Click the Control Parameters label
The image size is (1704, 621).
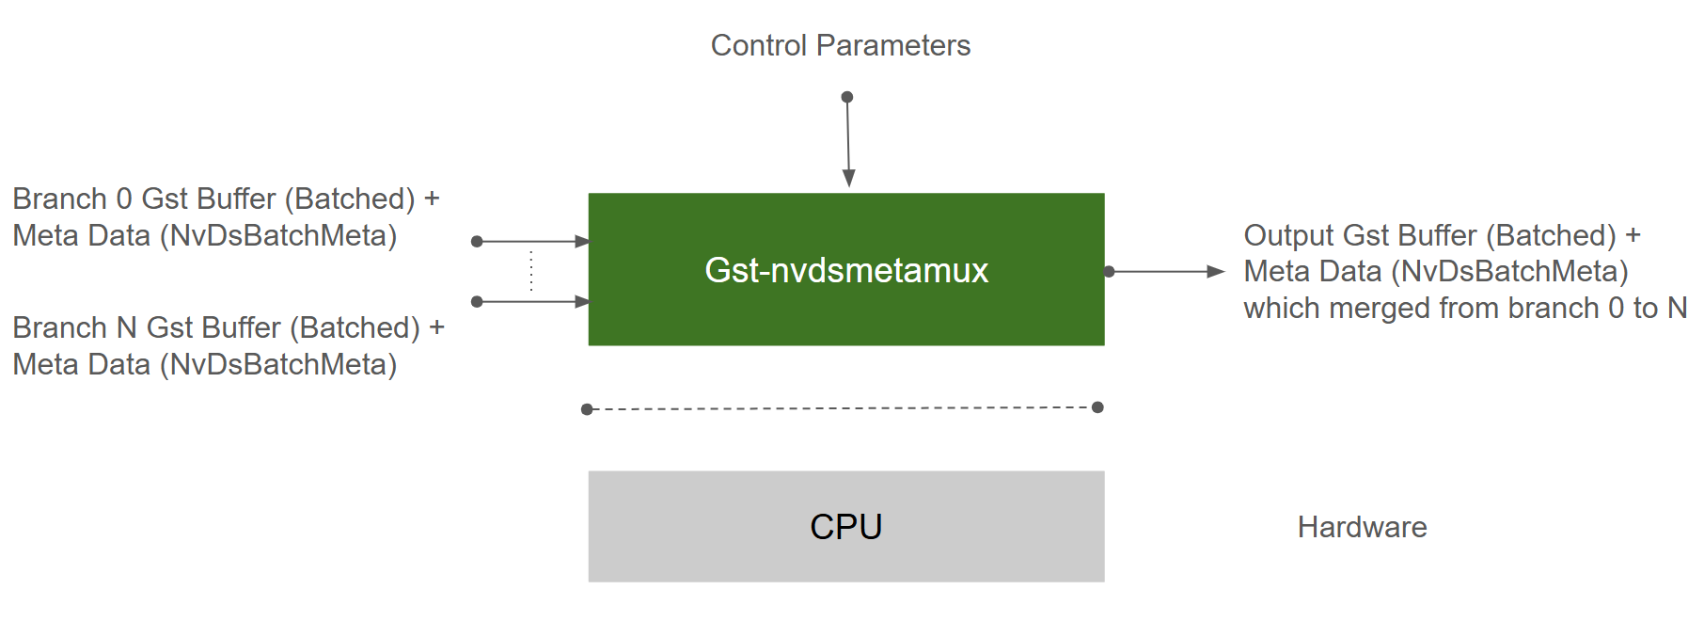(840, 45)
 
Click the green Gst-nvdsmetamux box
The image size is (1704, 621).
(845, 270)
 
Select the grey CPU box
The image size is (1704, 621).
(845, 526)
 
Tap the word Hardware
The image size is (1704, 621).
(1362, 527)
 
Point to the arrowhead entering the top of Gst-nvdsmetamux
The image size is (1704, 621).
(848, 178)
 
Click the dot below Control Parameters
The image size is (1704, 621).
(846, 97)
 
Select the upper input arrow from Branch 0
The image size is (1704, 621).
(531, 242)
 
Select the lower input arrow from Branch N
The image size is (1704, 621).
(531, 302)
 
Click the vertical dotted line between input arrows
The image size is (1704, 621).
(531, 271)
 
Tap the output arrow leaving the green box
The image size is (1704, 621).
(1166, 271)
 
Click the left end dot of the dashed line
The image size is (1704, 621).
(587, 409)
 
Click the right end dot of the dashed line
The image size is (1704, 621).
(1097, 407)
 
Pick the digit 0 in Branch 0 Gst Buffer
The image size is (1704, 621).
(123, 199)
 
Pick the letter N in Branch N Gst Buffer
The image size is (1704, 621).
(127, 327)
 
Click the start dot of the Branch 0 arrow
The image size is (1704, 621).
(477, 242)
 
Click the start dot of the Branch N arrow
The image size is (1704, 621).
(477, 302)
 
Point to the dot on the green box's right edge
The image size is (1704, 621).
(1109, 271)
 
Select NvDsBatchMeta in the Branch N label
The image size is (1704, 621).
(278, 364)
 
